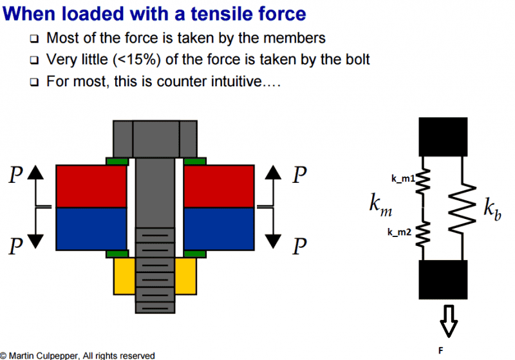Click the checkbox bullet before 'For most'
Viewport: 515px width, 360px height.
pos(34,82)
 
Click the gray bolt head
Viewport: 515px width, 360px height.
pos(155,139)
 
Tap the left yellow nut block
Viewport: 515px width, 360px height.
pos(124,276)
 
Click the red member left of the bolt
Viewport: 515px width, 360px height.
pos(91,186)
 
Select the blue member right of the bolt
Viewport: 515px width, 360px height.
pos(219,229)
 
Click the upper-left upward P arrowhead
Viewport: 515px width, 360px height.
pos(35,172)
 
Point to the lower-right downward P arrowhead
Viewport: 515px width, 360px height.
pos(273,242)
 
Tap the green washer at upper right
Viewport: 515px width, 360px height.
pos(195,161)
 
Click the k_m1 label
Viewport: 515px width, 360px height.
pos(403,178)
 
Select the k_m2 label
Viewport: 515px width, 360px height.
pos(399,232)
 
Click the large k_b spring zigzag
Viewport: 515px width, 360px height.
pos(462,209)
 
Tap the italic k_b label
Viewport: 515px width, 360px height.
pos(492,209)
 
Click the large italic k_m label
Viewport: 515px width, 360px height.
pos(380,205)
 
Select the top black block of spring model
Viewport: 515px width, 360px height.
pos(443,137)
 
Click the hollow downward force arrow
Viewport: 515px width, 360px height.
pos(449,321)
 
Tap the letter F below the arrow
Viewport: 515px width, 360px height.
pos(441,351)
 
